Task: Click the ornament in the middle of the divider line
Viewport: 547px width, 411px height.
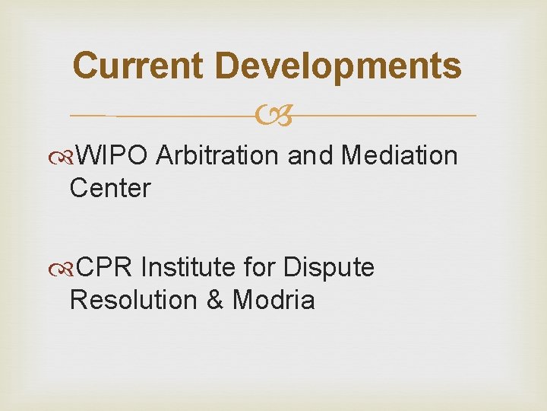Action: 273,116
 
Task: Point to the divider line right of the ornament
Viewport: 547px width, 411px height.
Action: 380,116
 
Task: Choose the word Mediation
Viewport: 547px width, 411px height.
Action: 400,155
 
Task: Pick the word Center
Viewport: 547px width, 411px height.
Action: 110,188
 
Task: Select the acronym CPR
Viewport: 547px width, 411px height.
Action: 106,267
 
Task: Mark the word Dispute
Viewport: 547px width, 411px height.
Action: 329,268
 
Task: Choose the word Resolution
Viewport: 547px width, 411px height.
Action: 134,300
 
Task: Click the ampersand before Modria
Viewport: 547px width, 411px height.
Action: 216,300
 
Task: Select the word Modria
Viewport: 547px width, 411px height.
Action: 273,300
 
